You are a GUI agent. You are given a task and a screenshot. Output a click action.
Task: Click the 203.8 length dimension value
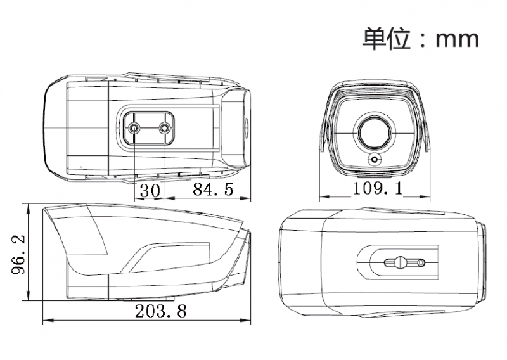click(x=161, y=311)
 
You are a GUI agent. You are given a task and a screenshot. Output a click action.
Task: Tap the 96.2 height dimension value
click(x=18, y=254)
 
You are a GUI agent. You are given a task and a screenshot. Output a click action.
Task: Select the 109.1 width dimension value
click(x=378, y=188)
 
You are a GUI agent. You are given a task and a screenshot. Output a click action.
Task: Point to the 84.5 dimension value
click(x=213, y=190)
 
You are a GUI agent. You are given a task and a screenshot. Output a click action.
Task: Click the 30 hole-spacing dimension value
click(x=150, y=191)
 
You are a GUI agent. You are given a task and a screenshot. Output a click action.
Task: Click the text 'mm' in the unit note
click(x=457, y=39)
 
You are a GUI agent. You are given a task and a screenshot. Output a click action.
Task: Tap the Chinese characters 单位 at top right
click(x=387, y=39)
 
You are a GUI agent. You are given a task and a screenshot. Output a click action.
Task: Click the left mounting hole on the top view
click(x=134, y=129)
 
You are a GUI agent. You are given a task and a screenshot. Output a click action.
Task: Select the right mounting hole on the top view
click(x=165, y=129)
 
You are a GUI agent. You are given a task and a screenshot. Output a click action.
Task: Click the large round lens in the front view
click(x=375, y=132)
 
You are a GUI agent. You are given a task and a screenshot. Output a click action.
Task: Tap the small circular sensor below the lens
click(x=375, y=160)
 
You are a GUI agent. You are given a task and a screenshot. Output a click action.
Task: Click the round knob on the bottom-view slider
click(x=401, y=262)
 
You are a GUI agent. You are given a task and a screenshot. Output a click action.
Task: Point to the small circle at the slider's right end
click(x=421, y=263)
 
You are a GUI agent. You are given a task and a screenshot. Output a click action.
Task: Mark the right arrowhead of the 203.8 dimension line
click(x=246, y=321)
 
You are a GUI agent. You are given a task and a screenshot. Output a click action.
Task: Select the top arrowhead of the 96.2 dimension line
click(x=29, y=209)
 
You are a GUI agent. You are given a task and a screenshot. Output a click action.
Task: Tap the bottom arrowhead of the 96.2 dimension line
click(x=29, y=295)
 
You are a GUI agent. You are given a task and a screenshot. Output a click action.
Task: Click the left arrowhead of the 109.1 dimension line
click(x=324, y=196)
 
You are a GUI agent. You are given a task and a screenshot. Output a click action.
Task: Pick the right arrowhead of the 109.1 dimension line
click(x=425, y=196)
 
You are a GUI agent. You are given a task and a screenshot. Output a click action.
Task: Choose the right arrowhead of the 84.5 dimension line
click(x=246, y=198)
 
